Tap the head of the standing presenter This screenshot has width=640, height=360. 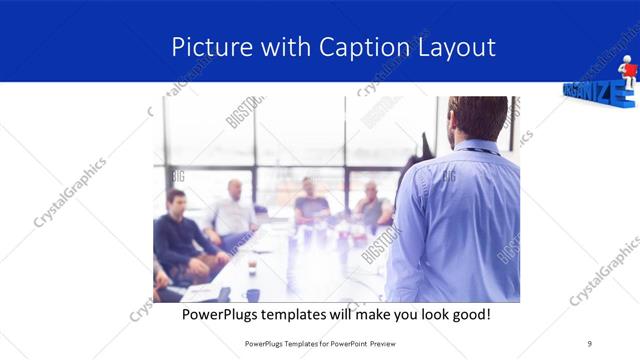[477, 118]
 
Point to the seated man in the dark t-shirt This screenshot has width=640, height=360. [311, 204]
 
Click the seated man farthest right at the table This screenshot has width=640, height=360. [371, 205]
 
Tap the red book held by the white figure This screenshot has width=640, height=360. [620, 75]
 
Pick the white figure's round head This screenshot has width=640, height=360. [627, 61]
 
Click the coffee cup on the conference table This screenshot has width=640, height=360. [252, 294]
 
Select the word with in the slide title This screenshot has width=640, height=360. [286, 47]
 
